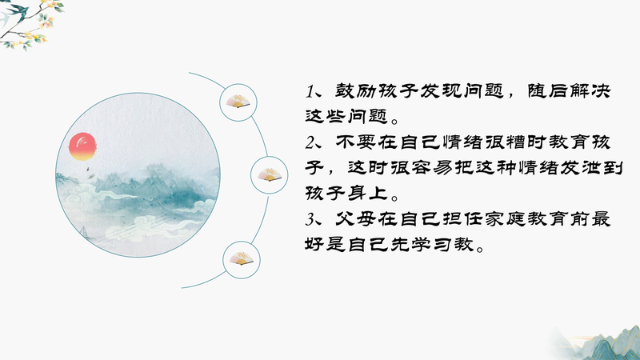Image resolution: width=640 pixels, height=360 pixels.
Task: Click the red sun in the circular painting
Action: click(x=83, y=146)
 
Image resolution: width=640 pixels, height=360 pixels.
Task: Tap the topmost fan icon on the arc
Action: click(x=238, y=102)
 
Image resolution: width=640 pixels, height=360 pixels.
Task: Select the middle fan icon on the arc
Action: click(x=269, y=174)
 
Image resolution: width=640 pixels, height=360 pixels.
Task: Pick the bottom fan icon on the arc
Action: click(x=242, y=258)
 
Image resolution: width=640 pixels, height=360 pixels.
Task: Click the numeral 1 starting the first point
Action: click(x=310, y=91)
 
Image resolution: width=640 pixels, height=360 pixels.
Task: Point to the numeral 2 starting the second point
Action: click(x=311, y=142)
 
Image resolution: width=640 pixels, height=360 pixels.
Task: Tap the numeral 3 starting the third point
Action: click(x=311, y=219)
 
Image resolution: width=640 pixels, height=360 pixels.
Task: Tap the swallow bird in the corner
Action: click(x=15, y=12)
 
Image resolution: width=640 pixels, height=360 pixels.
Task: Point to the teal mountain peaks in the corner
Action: click(x=600, y=344)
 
